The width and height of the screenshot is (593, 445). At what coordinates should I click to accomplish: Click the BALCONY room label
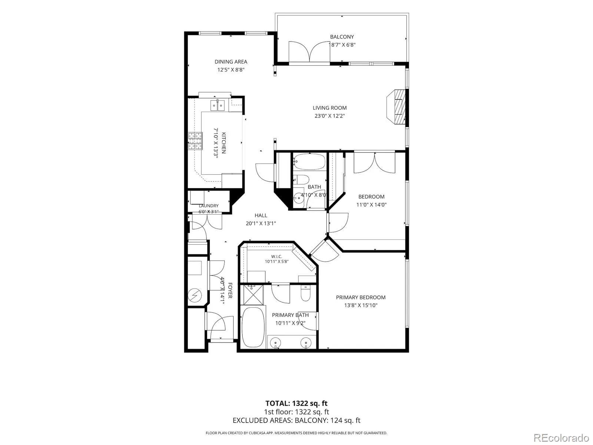342,37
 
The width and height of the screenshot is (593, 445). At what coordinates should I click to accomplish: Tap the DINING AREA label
231,62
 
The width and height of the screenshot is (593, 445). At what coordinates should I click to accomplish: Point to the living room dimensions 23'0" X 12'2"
329,116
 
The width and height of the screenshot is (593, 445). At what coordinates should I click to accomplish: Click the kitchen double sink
218,105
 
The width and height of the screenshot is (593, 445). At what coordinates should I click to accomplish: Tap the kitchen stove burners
195,141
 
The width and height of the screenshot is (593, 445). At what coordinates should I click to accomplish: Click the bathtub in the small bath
309,161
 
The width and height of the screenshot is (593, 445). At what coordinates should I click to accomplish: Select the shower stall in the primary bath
253,294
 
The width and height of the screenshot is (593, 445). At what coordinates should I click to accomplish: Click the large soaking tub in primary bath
253,327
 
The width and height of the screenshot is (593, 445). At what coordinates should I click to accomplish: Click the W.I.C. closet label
276,256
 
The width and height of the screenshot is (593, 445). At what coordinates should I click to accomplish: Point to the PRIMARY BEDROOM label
361,297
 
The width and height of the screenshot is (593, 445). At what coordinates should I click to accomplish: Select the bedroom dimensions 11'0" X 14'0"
371,205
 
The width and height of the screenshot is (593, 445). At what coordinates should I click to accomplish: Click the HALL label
261,215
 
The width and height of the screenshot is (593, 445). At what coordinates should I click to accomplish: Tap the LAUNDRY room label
209,206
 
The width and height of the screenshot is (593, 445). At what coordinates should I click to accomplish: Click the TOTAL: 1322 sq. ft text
296,403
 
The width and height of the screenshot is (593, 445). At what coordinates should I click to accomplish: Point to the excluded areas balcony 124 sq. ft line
296,421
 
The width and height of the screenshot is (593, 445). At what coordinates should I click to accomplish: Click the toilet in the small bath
301,179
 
